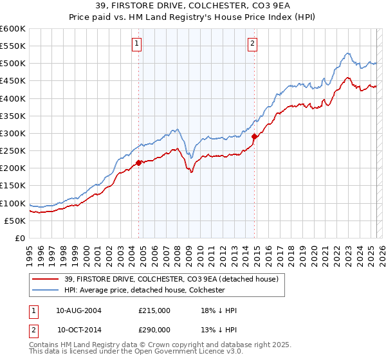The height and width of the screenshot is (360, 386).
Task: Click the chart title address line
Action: click(193, 6)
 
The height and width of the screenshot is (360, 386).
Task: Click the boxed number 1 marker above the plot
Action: click(138, 44)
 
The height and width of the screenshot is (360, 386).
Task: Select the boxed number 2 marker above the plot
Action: click(252, 44)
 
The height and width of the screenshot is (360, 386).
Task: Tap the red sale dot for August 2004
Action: click(139, 163)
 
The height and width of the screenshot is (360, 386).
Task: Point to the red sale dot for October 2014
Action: click(254, 136)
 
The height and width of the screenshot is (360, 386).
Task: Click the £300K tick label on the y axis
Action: click(13, 133)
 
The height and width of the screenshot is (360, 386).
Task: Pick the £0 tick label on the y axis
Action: click(19, 238)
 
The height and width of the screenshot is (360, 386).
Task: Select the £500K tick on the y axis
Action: click(13, 64)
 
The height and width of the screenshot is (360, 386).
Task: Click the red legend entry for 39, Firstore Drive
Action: click(170, 279)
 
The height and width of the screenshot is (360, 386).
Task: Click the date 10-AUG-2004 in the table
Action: click(78, 310)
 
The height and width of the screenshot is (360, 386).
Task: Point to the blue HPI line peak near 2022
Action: click(347, 53)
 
